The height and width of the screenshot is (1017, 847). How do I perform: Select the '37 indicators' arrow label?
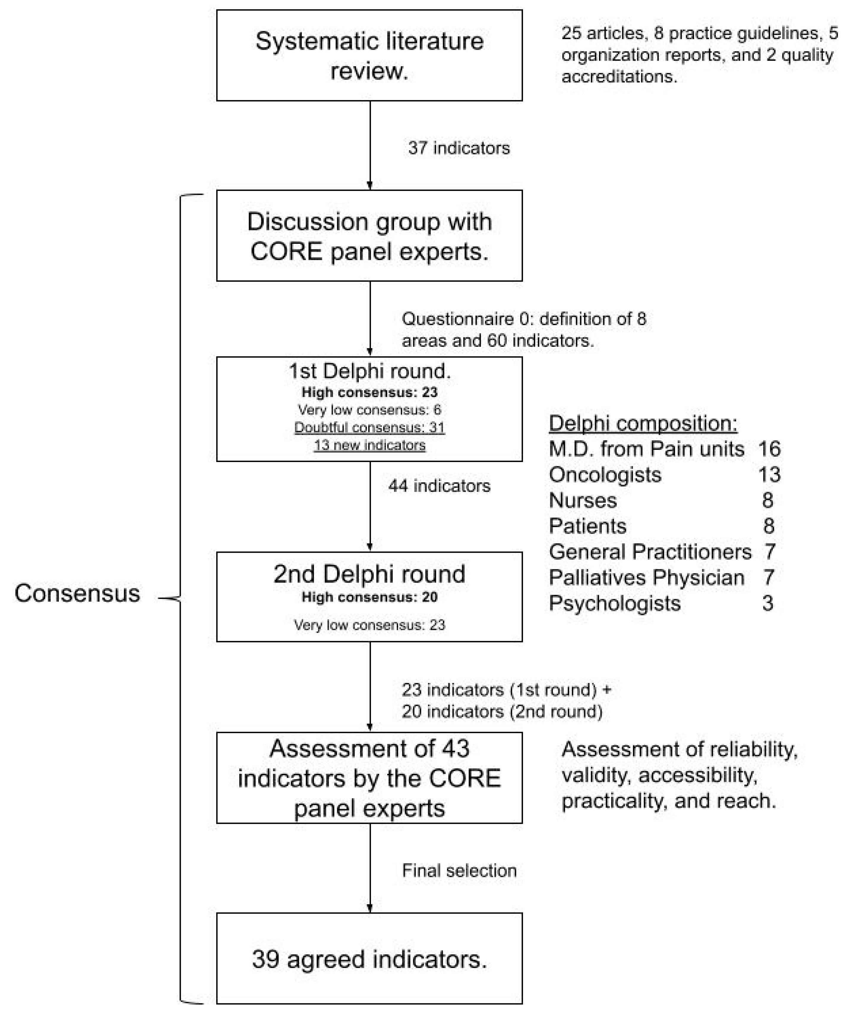click(x=459, y=148)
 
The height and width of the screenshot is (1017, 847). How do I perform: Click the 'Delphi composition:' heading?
click(x=643, y=423)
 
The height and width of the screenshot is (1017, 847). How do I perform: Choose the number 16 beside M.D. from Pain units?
click(x=769, y=449)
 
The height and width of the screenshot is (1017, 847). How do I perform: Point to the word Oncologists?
click(x=605, y=475)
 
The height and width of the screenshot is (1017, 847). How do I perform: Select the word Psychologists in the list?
click(x=614, y=603)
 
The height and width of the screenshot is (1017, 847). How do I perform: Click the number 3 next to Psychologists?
click(x=768, y=603)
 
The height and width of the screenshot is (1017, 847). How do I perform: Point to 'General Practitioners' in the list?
click(x=650, y=552)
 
